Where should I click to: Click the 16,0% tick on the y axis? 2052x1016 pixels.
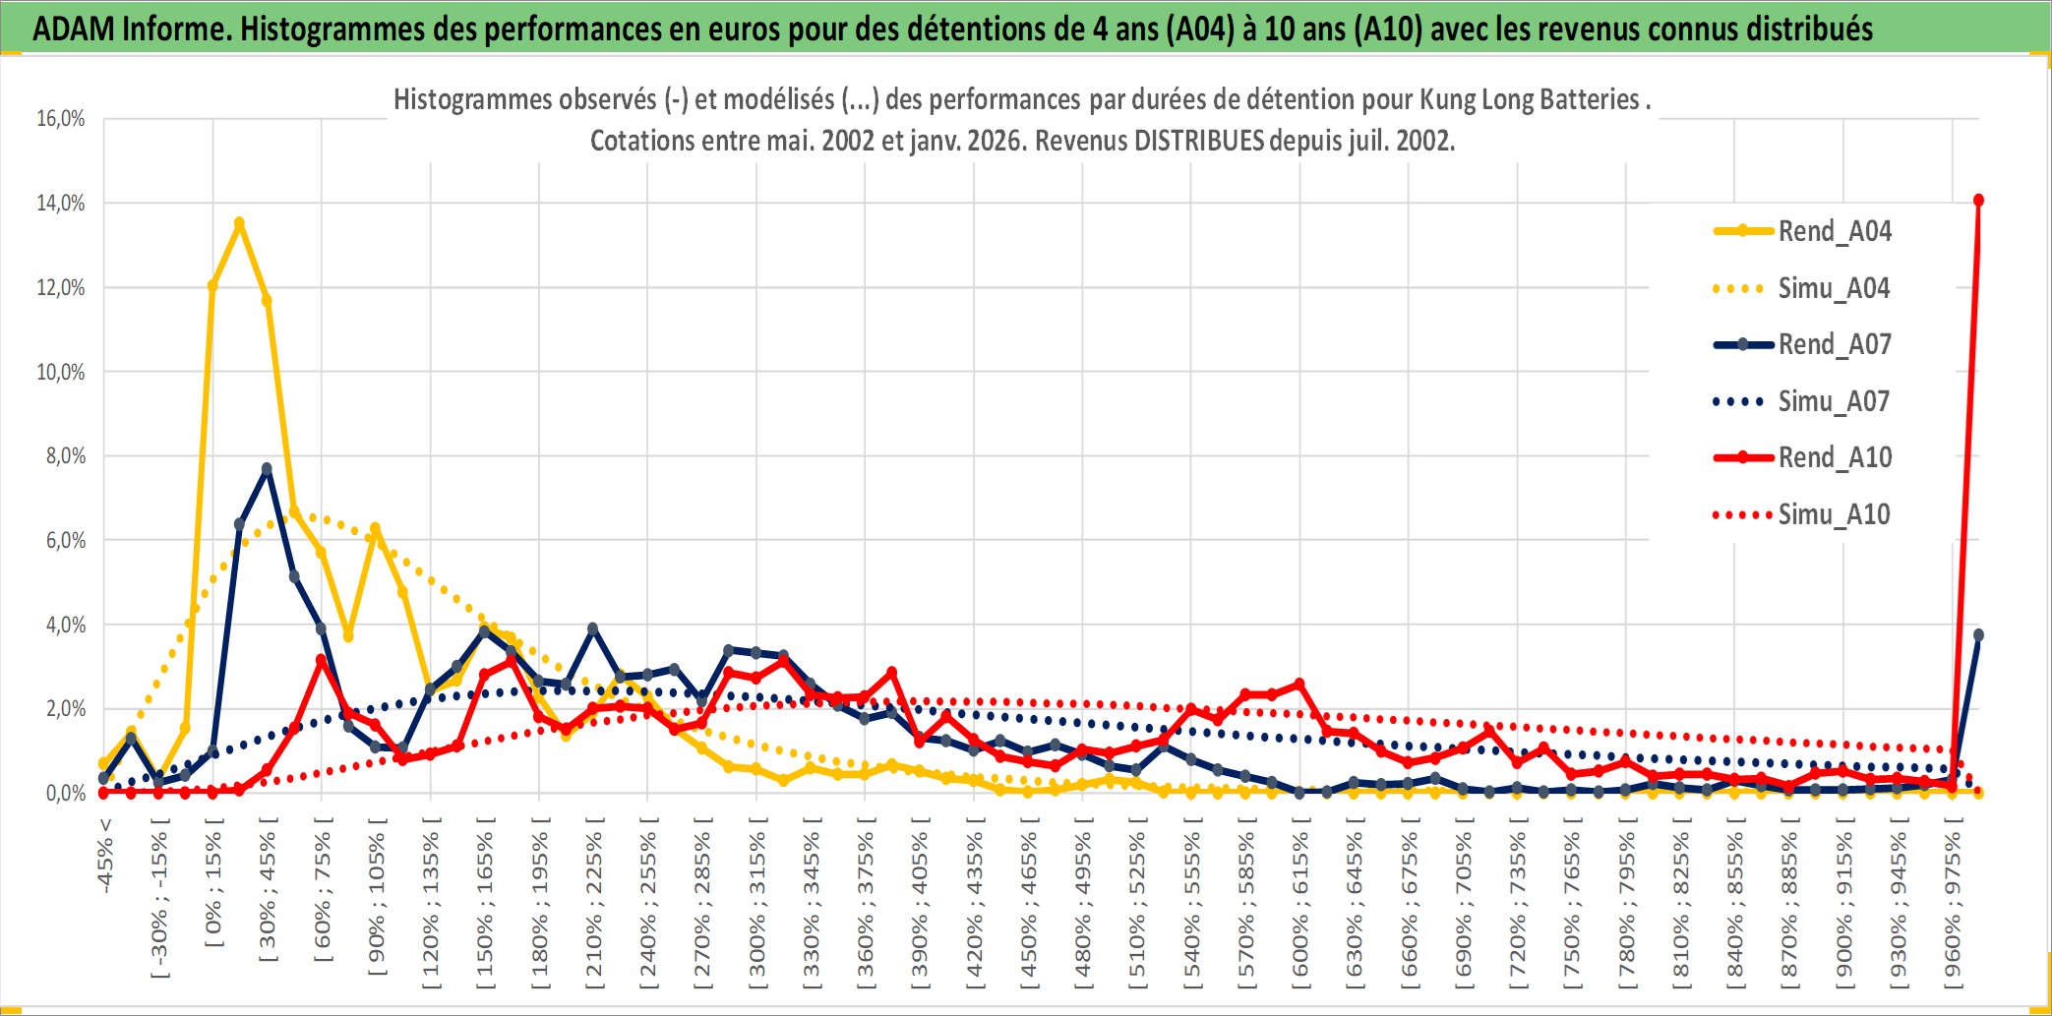pyautogui.click(x=61, y=119)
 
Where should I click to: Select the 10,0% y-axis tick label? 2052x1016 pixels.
pyautogui.click(x=61, y=372)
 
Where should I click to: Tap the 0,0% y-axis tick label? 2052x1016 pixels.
pyautogui.click(x=65, y=793)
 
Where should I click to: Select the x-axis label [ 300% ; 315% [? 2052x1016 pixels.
pyautogui.click(x=756, y=905)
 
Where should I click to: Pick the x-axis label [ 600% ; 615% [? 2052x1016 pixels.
pyautogui.click(x=1300, y=905)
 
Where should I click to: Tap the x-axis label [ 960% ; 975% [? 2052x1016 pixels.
pyautogui.click(x=1953, y=905)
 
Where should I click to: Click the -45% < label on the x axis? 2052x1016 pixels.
pyautogui.click(x=105, y=856)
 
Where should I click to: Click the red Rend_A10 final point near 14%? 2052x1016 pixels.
pyautogui.click(x=1978, y=201)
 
